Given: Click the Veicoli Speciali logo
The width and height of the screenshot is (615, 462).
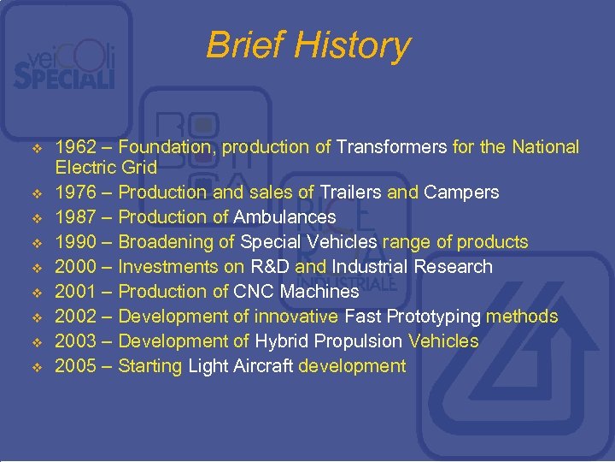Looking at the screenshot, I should pyautogui.click(x=63, y=68).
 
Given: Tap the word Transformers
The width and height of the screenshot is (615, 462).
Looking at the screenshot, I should pyautogui.click(x=391, y=148).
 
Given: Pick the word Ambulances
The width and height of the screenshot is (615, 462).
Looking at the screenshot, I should pyautogui.click(x=284, y=217).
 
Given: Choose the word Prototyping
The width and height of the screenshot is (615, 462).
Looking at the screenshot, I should pyautogui.click(x=434, y=317).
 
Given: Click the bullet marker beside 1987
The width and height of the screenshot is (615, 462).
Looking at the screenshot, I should pyautogui.click(x=36, y=218).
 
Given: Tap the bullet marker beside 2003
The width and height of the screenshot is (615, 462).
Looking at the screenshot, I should pyautogui.click(x=36, y=342).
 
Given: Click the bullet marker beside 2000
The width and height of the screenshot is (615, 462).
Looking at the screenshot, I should pyautogui.click(x=36, y=268).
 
